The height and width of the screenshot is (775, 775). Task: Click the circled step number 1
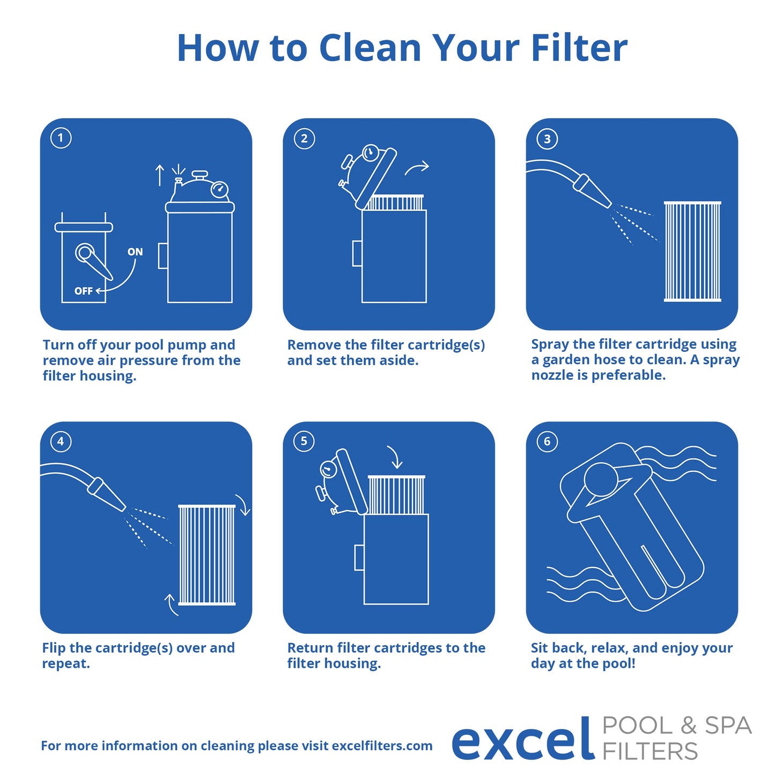[x=61, y=138]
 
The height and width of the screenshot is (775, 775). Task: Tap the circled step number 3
[x=547, y=139]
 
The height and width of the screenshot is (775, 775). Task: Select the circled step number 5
[x=304, y=441]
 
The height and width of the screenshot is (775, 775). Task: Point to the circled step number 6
[x=547, y=441]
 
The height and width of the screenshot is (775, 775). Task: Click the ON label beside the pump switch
[x=135, y=252]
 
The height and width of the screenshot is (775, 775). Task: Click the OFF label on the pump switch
[x=83, y=291]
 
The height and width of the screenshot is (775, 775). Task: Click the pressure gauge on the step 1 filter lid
[x=219, y=189]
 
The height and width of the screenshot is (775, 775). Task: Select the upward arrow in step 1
[x=159, y=175]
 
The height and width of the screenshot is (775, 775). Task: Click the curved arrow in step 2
[x=417, y=168]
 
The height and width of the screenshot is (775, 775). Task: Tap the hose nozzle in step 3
[x=591, y=190]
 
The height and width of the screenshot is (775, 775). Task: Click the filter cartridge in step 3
[x=692, y=252]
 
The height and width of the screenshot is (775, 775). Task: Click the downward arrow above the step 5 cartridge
[x=395, y=457]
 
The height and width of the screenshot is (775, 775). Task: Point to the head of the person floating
[x=601, y=479]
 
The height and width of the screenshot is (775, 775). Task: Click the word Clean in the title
[x=370, y=48]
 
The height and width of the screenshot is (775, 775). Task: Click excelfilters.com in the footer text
[x=382, y=746]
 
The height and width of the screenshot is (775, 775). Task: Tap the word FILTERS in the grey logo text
[x=650, y=751]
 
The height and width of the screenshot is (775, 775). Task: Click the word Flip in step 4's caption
[x=54, y=648]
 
